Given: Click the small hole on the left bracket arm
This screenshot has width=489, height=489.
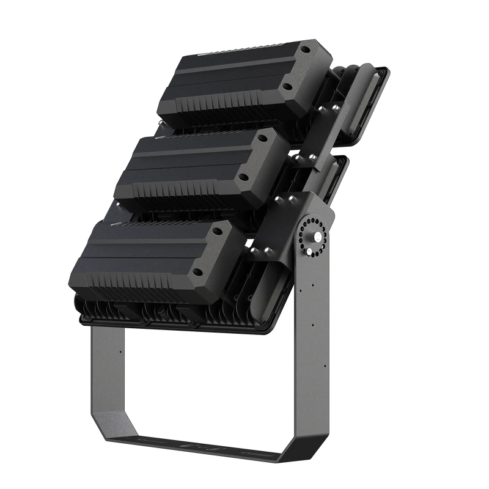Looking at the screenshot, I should [120, 351].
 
